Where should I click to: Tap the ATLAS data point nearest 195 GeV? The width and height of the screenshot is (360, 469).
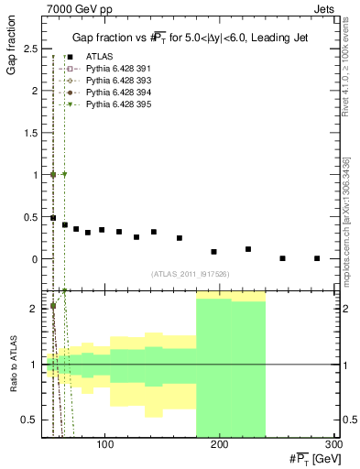(x=213, y=251)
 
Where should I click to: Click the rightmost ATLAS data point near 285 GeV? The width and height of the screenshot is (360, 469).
(x=317, y=258)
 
